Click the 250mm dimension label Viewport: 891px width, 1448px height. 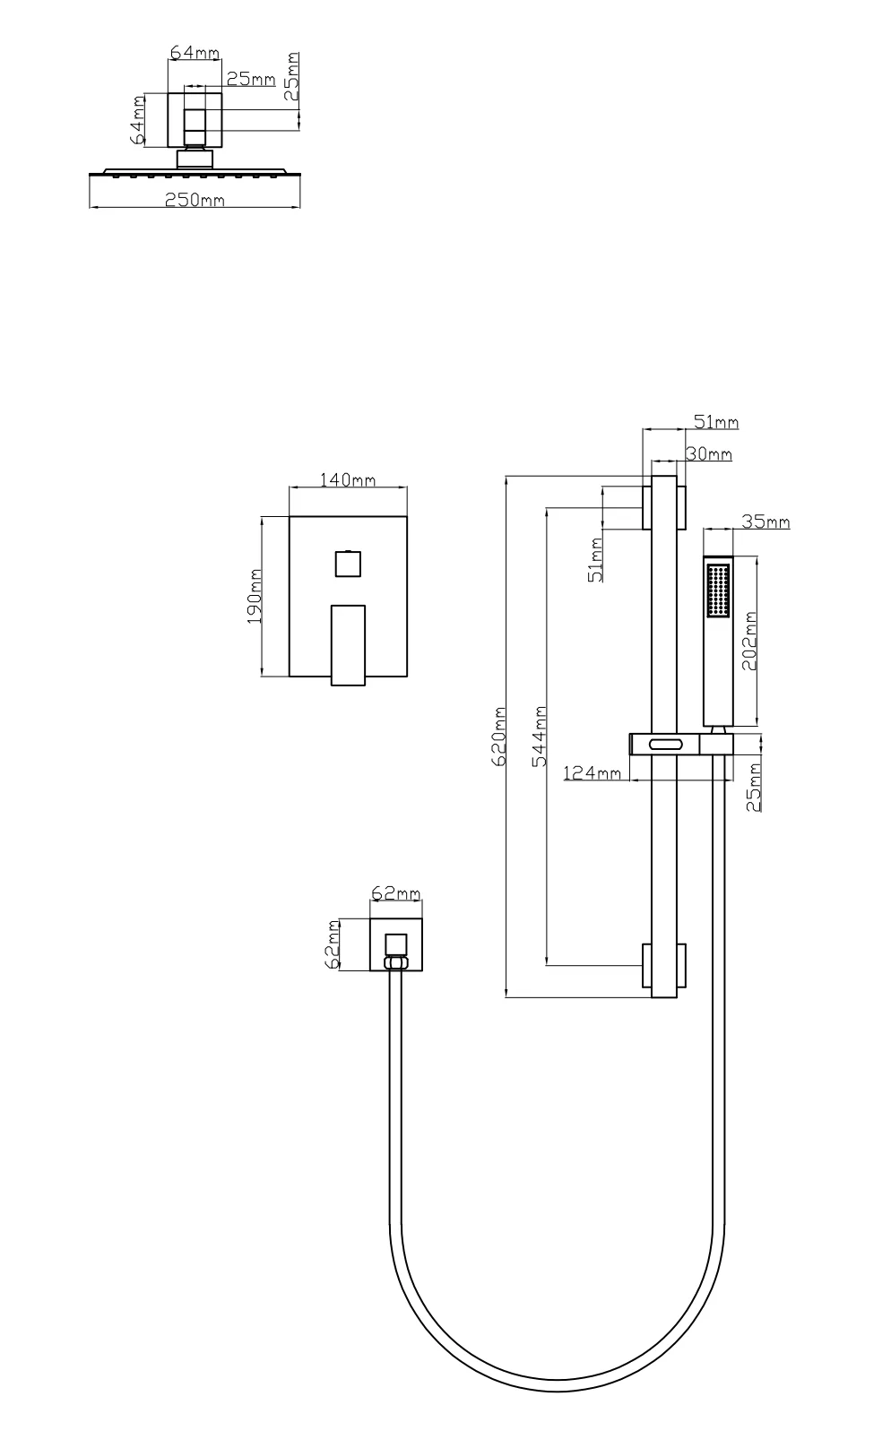[x=195, y=200]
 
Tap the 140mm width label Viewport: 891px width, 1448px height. [x=348, y=479]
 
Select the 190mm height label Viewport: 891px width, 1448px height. [x=254, y=596]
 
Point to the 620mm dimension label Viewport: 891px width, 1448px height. [x=498, y=737]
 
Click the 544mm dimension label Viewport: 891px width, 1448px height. [x=540, y=737]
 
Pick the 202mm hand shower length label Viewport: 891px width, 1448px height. [x=748, y=641]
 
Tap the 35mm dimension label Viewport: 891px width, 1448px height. [x=766, y=521]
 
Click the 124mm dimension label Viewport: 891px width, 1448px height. [x=592, y=772]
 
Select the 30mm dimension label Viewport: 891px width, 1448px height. [x=709, y=453]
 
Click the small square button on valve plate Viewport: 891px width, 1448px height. [x=348, y=563]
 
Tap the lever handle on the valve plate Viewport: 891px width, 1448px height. [x=348, y=644]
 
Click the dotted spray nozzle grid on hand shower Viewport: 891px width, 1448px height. [x=718, y=590]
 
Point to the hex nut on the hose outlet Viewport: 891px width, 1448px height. [x=395, y=962]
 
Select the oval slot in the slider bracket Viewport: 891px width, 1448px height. [x=665, y=745]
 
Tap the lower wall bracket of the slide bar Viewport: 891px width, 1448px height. [x=664, y=965]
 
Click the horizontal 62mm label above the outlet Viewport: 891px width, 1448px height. [x=395, y=892]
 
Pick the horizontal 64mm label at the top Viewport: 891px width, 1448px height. [x=195, y=52]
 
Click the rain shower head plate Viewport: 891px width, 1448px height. [x=195, y=172]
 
